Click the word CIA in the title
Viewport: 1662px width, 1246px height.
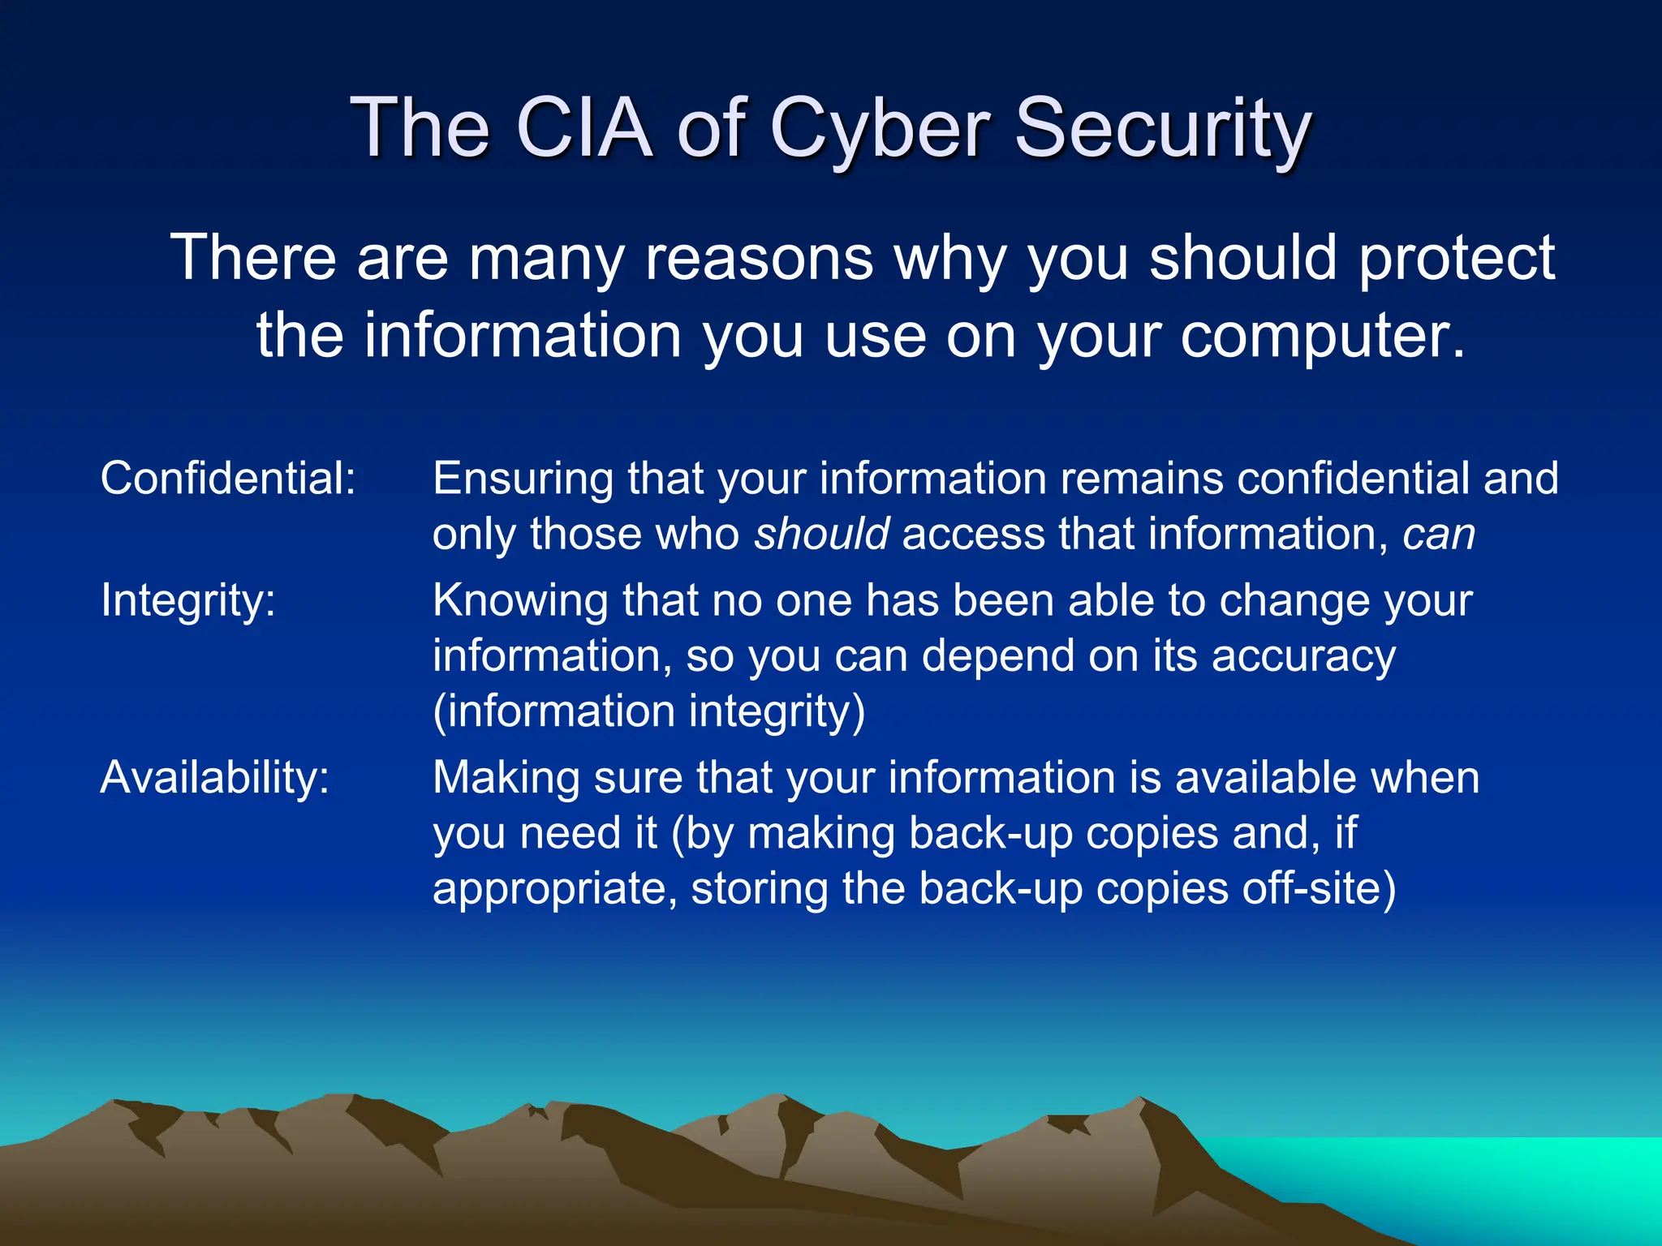point(583,127)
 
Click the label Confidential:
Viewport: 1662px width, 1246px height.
point(228,478)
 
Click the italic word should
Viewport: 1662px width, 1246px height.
point(822,535)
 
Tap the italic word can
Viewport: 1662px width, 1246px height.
point(1439,535)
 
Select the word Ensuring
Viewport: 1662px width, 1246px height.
point(523,479)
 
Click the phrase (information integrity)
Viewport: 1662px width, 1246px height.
point(649,711)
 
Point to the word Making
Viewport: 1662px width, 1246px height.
point(506,778)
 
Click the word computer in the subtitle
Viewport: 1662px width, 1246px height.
point(1323,335)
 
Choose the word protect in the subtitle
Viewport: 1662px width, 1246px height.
point(1457,259)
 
